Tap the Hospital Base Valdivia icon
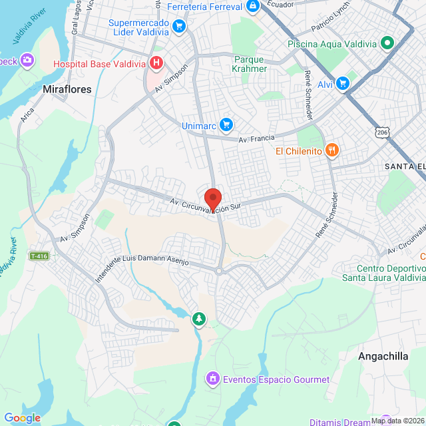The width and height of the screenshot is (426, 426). (156, 63)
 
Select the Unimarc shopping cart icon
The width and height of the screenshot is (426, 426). (226, 124)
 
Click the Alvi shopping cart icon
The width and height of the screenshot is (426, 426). (343, 83)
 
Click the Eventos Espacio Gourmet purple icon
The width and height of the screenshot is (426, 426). (212, 379)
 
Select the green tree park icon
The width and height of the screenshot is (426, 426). (198, 319)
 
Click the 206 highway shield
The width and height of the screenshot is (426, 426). (382, 132)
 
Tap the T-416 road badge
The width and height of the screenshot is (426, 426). (39, 256)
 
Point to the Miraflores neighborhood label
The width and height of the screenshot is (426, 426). (67, 89)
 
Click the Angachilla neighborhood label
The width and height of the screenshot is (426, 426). (383, 356)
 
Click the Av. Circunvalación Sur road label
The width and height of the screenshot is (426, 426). (204, 204)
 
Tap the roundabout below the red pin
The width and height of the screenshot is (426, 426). (219, 270)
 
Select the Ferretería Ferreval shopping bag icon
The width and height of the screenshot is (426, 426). (252, 7)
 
